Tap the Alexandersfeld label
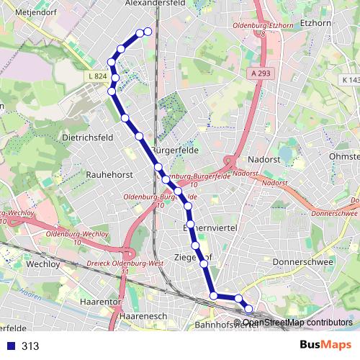click(x=156, y=4)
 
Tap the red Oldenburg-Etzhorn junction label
click(x=261, y=27)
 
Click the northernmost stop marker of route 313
click(x=148, y=31)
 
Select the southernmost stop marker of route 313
click(x=249, y=310)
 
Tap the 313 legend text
click(x=30, y=346)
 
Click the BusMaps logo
click(x=325, y=345)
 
